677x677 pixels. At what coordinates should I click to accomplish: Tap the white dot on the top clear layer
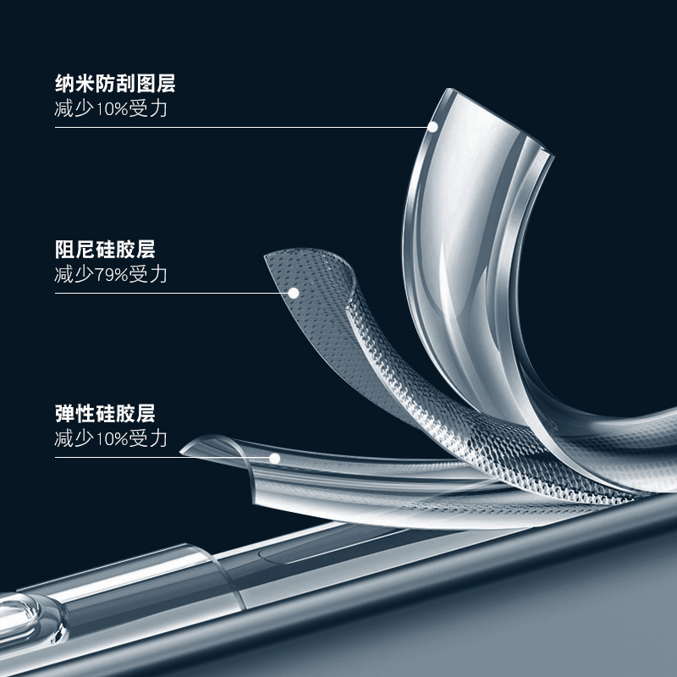433,127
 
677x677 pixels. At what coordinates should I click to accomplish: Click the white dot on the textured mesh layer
294,293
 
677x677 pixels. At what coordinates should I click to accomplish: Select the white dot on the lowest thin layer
275,458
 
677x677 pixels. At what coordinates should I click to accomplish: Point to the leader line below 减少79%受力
169,293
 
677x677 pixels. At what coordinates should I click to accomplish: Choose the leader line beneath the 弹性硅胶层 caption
161,458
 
